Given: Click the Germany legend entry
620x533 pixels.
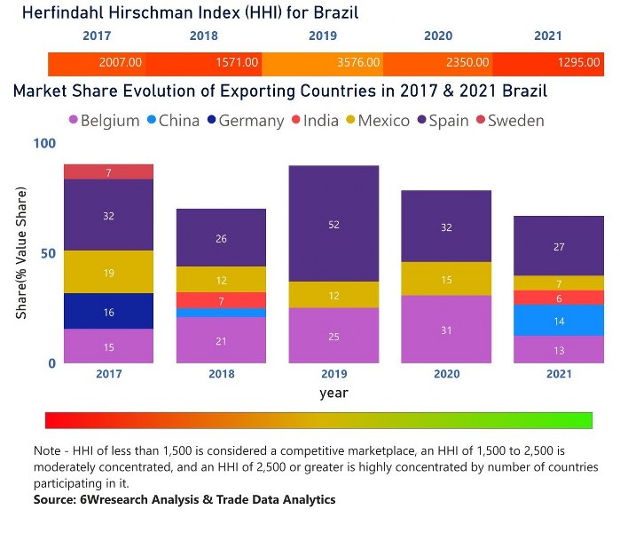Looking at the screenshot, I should pos(244,121).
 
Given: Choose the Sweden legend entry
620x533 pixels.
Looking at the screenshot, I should pos(508,121).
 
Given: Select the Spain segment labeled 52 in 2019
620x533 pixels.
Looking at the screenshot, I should pos(334,224).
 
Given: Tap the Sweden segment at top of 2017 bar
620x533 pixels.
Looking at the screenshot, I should pos(108,172).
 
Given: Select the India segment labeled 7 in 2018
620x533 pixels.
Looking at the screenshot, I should pos(221,300).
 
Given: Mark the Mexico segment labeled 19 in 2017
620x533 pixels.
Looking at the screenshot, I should pos(108,272).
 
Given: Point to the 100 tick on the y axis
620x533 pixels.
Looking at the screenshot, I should pos(44,143).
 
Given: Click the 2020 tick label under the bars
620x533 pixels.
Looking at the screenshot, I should pos(446,374).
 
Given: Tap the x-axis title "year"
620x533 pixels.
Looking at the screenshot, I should pos(334,393).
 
